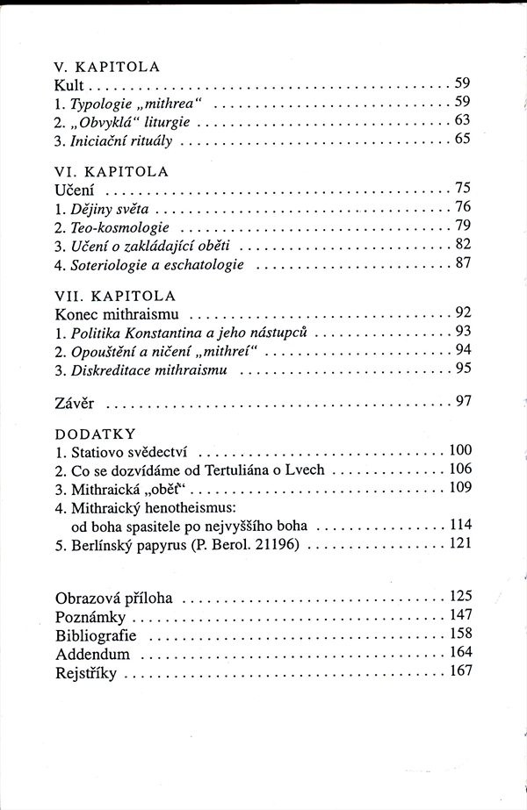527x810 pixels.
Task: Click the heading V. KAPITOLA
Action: (105, 65)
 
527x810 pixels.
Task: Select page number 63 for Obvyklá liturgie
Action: (464, 120)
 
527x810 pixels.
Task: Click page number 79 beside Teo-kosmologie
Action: (464, 226)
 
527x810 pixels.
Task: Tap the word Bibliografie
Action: (97, 634)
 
